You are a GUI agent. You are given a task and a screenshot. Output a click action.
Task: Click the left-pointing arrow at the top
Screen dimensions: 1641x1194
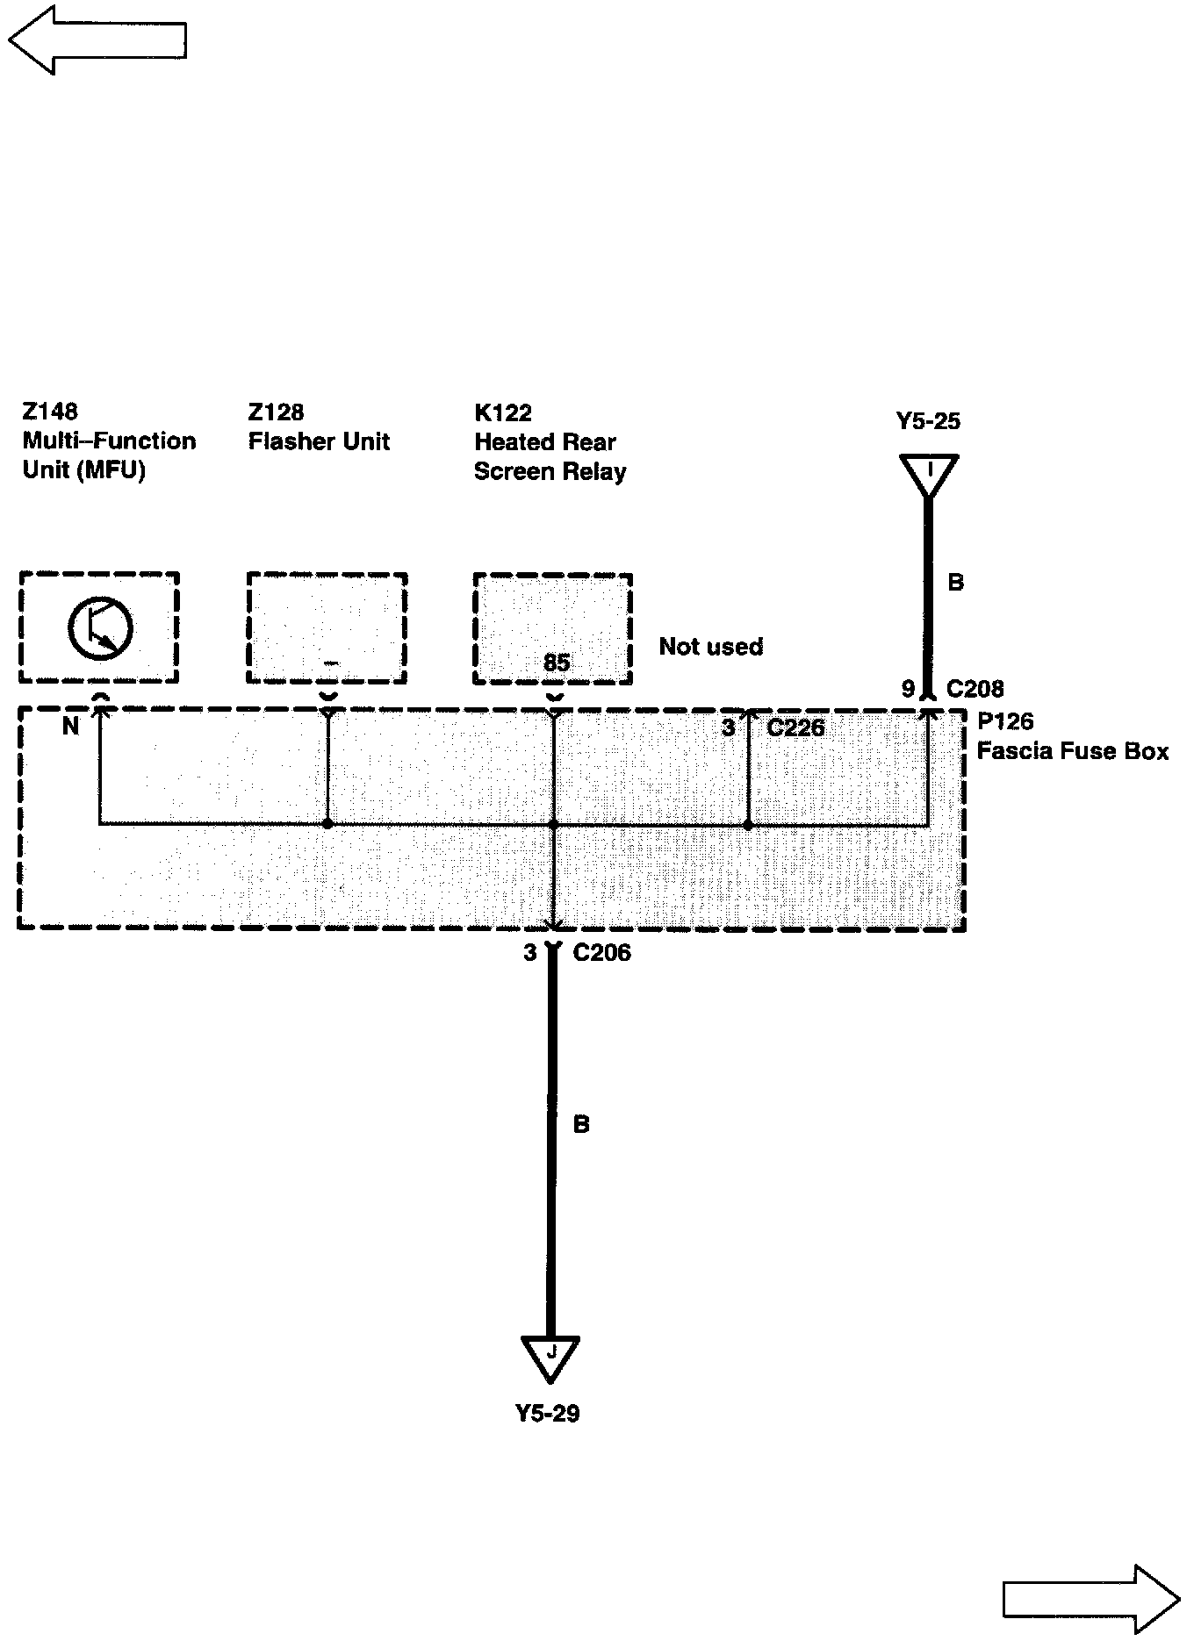97,39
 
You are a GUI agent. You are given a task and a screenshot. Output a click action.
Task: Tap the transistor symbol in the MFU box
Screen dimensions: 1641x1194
100,627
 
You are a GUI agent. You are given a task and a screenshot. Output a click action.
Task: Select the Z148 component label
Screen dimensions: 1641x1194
50,411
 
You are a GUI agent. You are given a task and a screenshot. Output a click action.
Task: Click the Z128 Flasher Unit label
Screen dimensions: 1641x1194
318,427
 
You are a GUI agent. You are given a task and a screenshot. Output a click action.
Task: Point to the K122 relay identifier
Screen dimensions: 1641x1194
503,412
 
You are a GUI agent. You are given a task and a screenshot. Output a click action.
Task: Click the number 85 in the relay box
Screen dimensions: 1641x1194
557,663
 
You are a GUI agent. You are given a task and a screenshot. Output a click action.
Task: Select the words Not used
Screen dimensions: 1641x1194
710,647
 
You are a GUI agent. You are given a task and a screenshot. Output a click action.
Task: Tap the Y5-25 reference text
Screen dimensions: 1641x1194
928,421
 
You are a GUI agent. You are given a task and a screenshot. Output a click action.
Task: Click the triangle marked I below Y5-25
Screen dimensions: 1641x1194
928,472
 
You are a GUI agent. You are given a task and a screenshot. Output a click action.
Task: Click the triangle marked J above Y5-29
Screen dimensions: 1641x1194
550,1354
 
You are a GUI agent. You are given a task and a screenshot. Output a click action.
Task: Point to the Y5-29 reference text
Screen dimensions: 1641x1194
547,1413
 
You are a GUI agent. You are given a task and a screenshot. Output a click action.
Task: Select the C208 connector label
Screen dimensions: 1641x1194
975,689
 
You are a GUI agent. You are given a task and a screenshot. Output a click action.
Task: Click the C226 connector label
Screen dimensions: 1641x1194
795,727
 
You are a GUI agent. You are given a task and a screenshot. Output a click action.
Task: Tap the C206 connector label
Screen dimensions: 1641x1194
601,952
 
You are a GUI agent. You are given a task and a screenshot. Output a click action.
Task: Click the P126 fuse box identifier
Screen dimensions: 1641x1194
1005,721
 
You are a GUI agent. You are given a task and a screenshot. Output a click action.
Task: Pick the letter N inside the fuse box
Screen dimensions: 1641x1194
71,726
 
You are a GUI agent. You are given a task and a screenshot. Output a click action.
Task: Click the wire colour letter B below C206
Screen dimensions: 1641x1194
581,1124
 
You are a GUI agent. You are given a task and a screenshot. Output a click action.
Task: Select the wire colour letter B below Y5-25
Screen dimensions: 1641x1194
956,582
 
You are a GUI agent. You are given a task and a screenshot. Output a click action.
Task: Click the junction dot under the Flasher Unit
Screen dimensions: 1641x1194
327,824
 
